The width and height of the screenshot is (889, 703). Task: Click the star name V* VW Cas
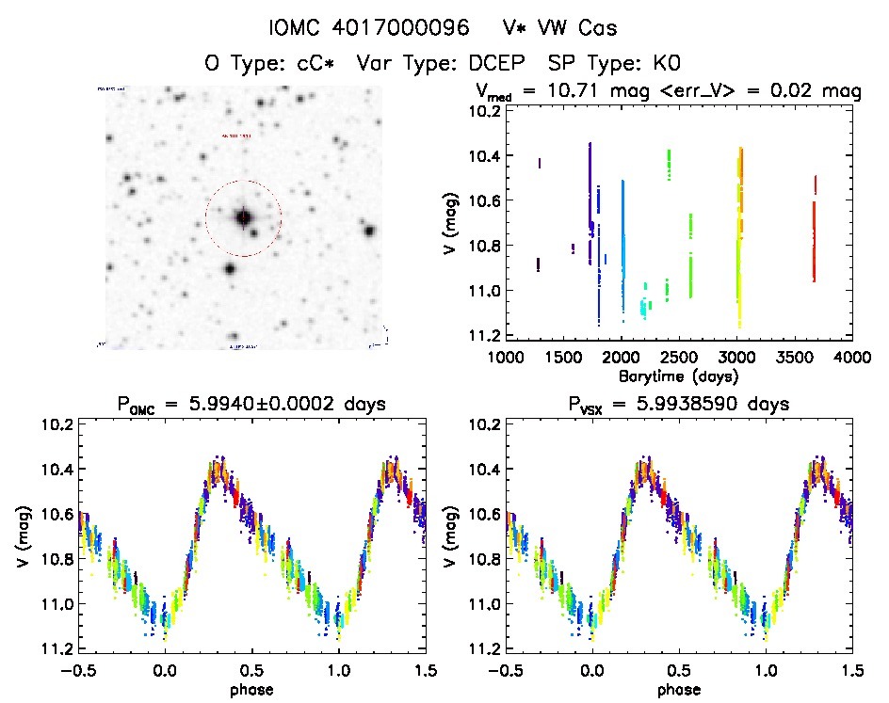point(560,28)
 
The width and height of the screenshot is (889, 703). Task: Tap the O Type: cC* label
point(270,63)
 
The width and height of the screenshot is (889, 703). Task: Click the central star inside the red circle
point(243,217)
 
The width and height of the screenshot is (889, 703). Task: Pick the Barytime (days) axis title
point(678,375)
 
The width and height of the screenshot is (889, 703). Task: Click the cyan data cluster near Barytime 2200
point(644,306)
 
